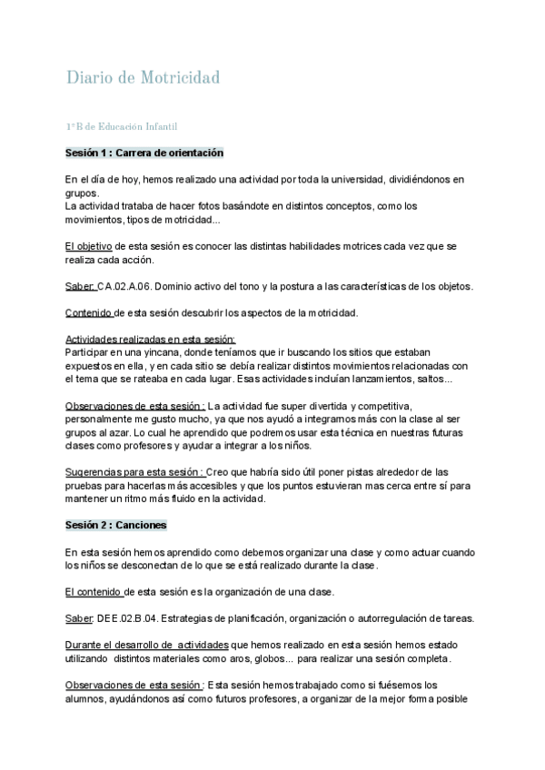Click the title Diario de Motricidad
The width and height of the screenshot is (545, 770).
(x=143, y=78)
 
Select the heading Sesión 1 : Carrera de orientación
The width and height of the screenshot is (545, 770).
(x=144, y=153)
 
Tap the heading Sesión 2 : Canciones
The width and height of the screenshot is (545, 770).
(x=115, y=525)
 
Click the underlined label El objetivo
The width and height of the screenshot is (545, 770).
(x=88, y=246)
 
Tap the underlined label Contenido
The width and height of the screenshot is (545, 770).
(x=89, y=313)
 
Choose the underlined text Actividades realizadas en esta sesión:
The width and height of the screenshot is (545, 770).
(x=150, y=339)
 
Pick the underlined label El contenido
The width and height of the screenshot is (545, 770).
(x=94, y=592)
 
